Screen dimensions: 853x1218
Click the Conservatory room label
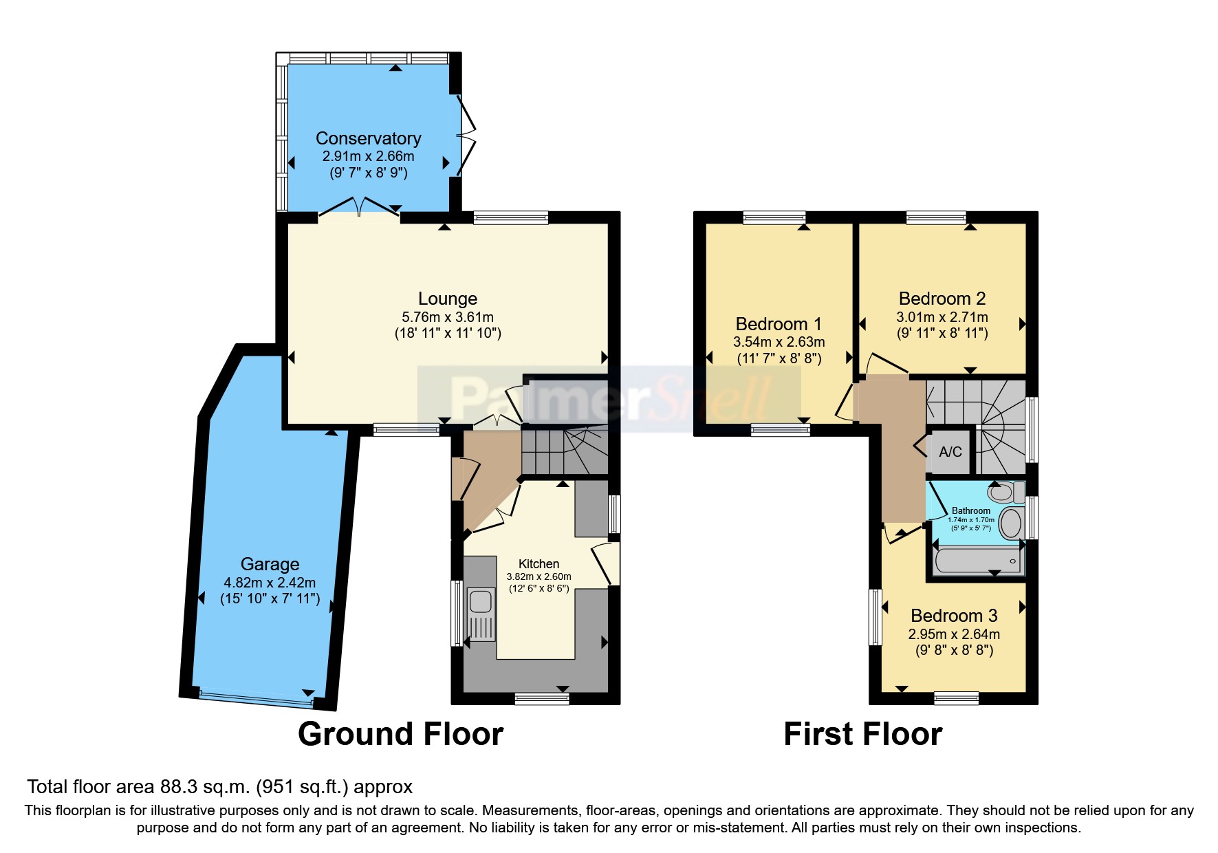point(368,138)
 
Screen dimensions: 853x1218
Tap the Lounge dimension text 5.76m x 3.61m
point(447,317)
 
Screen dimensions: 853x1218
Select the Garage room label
point(270,564)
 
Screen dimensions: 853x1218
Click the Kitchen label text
point(539,563)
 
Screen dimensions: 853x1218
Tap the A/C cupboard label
point(950,452)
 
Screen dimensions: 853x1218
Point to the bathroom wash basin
point(1010,523)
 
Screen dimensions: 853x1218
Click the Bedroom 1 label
point(779,324)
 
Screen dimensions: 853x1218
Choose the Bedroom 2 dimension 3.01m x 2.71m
point(942,317)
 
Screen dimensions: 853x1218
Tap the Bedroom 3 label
point(954,616)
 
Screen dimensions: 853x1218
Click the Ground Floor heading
point(400,734)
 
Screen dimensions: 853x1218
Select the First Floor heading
point(862,734)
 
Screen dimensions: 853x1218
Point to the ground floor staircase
point(564,451)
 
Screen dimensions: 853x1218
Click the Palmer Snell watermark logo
point(609,399)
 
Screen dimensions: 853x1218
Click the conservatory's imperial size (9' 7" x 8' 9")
point(368,173)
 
